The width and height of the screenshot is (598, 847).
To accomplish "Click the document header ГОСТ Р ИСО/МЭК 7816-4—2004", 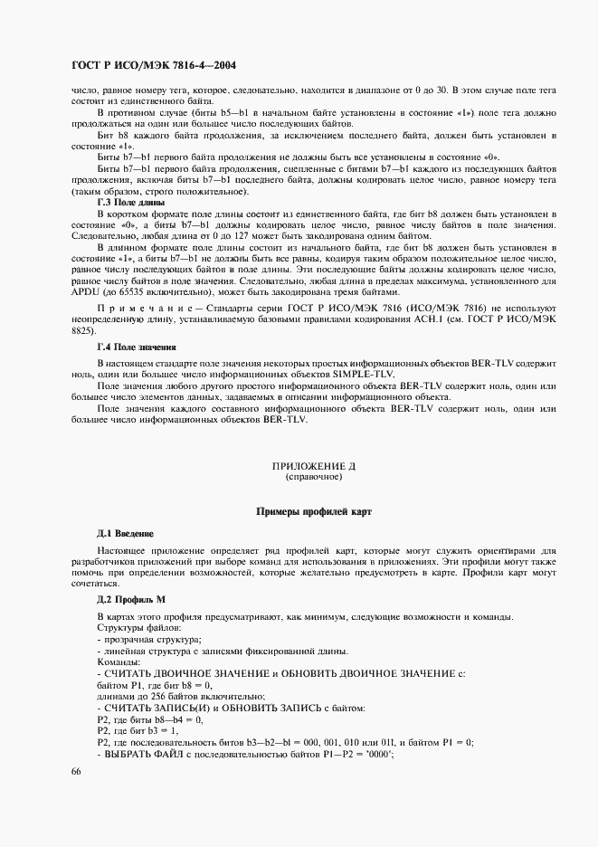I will [x=155, y=67].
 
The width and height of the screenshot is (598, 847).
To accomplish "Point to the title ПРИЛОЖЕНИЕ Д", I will [x=315, y=466].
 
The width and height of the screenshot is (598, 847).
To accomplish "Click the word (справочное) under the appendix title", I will [x=314, y=476].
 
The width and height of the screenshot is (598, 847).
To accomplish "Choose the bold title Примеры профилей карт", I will [x=314, y=512].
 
